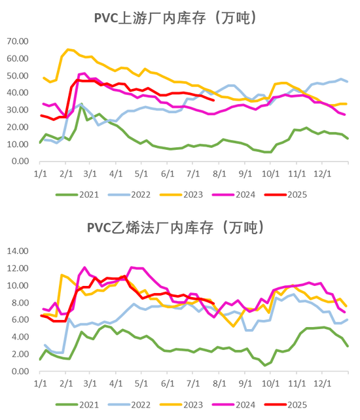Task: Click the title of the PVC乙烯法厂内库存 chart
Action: tap(175, 227)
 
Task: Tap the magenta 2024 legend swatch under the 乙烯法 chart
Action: tap(223, 404)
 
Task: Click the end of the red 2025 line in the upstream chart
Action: tap(215, 100)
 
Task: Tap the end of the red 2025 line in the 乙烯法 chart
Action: tap(215, 301)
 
